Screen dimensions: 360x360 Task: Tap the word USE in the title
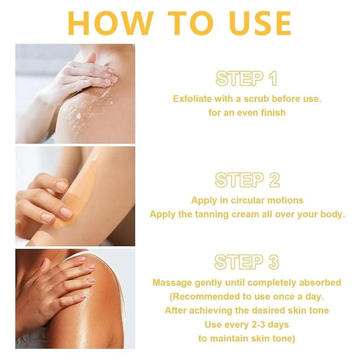coord(260,23)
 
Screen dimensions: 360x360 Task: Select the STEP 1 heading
coord(246,78)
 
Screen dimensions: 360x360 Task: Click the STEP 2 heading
coord(247,180)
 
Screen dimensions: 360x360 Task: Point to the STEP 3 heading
coord(247,262)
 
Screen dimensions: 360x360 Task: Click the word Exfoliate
coord(192,99)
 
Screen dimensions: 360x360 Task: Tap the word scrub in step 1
coord(256,99)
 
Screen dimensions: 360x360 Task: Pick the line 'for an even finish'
coord(247,113)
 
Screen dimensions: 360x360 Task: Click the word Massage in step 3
coord(172,283)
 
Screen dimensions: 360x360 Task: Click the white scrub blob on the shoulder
coord(79,116)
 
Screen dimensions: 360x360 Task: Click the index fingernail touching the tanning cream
coord(66,213)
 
